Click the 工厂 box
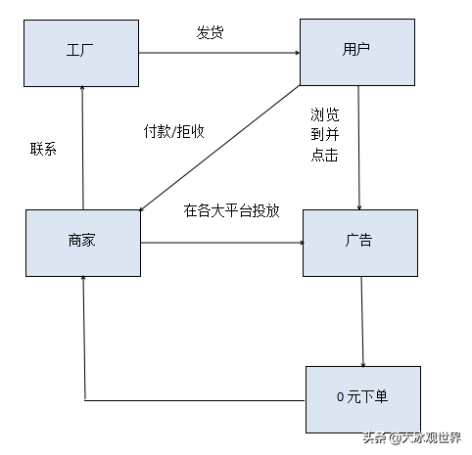(82, 51)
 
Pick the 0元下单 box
(362, 399)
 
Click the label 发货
(211, 33)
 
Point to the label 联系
(44, 150)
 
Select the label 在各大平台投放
(231, 209)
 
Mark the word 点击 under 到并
(325, 156)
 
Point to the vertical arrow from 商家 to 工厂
(83, 147)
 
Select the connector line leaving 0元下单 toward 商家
(196, 400)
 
